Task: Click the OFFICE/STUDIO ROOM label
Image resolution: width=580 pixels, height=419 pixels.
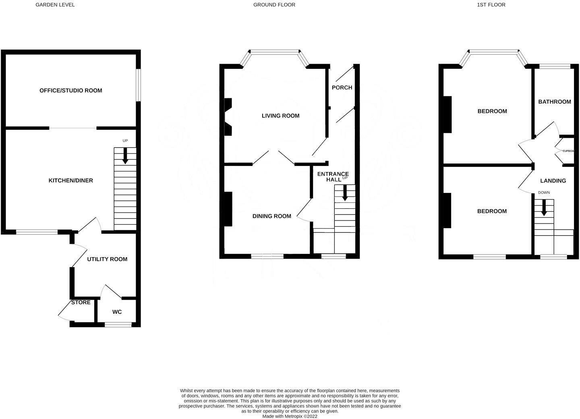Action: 70,91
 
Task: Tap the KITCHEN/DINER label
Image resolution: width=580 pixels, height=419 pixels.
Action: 70,180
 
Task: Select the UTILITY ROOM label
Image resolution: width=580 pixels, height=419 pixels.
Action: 107,259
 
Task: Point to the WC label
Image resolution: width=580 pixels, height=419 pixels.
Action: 117,312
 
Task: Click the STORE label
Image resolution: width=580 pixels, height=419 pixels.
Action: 81,302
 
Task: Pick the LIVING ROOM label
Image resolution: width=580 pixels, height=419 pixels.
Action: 280,116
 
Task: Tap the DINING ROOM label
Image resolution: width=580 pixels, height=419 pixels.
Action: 271,216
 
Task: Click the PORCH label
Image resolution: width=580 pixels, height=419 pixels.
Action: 342,87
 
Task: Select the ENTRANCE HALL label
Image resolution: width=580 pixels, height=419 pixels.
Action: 333,177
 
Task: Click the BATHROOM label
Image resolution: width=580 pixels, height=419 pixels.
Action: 554,102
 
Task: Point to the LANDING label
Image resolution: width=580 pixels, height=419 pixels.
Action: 553,181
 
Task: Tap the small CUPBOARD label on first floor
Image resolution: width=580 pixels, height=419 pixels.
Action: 568,151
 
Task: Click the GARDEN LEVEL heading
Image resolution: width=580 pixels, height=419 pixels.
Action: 55,5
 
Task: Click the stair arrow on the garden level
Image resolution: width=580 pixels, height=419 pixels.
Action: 125,156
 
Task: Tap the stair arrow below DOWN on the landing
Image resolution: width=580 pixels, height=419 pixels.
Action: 544,208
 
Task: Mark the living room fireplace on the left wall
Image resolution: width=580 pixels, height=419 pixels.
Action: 228,117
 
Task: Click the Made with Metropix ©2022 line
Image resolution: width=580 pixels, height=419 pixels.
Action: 290,417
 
